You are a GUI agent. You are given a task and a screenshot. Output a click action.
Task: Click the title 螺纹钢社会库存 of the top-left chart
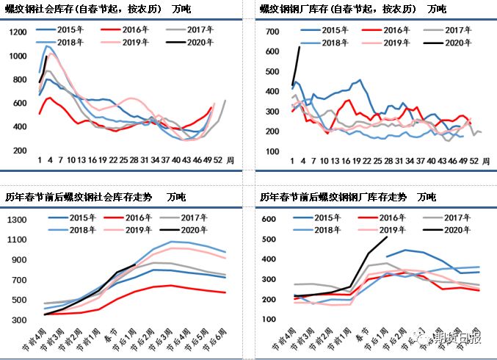tap(35, 10)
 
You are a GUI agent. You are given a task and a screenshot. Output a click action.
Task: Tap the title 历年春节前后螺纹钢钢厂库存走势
tap(333, 197)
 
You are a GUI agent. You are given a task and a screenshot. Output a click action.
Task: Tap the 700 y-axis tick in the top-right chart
tap(272, 33)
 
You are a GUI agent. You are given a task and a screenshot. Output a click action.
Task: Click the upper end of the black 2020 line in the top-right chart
tap(300, 47)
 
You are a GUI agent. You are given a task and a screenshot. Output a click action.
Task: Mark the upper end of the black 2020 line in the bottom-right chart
tap(387, 237)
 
